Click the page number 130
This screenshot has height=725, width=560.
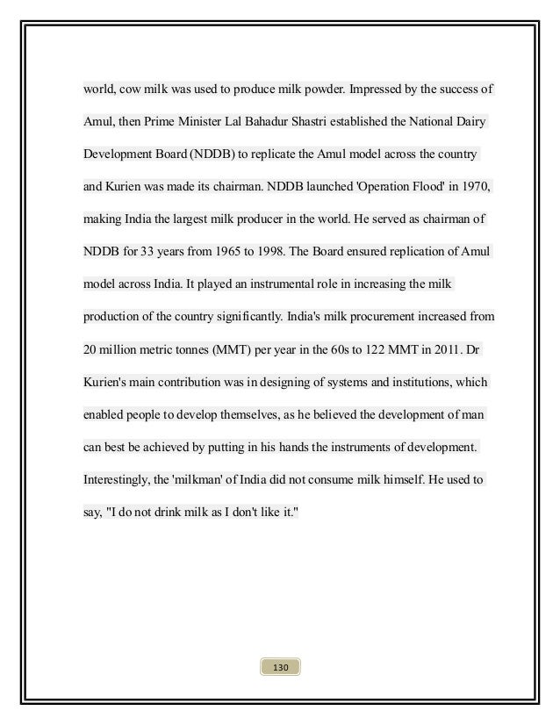point(280,668)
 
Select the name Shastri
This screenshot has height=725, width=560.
point(311,122)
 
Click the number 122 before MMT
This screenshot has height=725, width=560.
point(359,349)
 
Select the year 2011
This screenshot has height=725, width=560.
point(437,349)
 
